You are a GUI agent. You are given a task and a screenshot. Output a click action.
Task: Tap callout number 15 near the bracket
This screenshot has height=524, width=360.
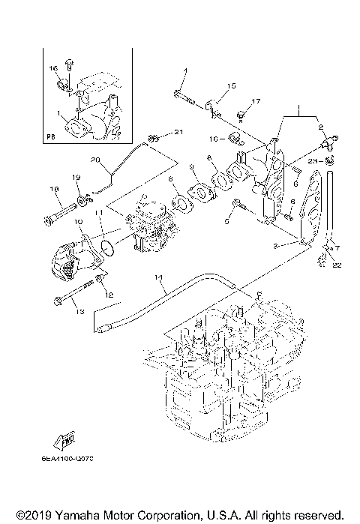click(231, 86)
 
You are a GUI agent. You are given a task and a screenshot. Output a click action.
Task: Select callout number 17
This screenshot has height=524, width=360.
click(255, 101)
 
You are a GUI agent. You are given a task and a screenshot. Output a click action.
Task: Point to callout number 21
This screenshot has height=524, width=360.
click(178, 133)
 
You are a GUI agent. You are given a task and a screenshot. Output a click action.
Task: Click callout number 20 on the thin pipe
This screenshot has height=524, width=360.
click(95, 160)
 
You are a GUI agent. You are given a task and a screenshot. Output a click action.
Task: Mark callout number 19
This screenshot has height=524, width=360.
click(76, 177)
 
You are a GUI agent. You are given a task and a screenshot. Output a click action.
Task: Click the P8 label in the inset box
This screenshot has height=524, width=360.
click(50, 137)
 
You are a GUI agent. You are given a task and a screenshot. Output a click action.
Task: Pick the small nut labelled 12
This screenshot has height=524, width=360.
click(99, 283)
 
